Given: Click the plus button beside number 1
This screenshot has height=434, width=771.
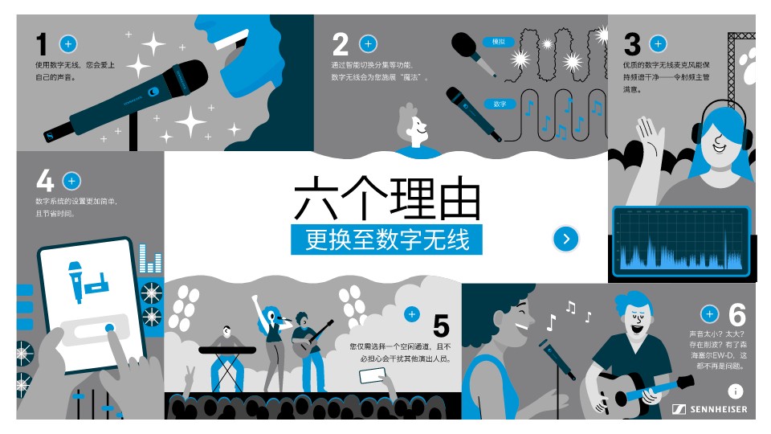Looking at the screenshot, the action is (x=68, y=43).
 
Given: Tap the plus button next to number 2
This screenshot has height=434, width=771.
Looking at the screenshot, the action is (x=368, y=43).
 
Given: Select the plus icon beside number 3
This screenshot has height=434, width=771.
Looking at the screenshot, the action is (x=658, y=43).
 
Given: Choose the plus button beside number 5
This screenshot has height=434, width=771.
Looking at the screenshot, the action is (x=412, y=314).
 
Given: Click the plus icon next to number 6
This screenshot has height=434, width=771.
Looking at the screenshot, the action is (x=709, y=314).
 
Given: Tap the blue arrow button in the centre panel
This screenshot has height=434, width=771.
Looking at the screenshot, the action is (x=566, y=239).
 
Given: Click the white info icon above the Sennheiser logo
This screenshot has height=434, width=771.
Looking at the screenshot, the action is (x=735, y=391).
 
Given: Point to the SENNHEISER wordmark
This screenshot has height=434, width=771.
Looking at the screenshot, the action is (x=718, y=409).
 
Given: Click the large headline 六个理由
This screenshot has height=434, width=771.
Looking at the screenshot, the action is (x=387, y=199).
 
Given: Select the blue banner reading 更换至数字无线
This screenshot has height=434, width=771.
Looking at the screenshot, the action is (x=386, y=240).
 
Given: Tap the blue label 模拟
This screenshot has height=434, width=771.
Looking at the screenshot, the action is (x=498, y=42).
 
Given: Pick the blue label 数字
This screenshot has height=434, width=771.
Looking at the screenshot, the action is (x=500, y=104).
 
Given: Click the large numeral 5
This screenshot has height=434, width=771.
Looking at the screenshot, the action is (x=441, y=325).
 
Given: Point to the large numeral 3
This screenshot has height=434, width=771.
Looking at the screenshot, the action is (x=632, y=44).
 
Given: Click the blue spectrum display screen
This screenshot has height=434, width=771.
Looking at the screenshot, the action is (x=682, y=241).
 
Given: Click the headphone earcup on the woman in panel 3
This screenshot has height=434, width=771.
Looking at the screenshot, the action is (x=696, y=137).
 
